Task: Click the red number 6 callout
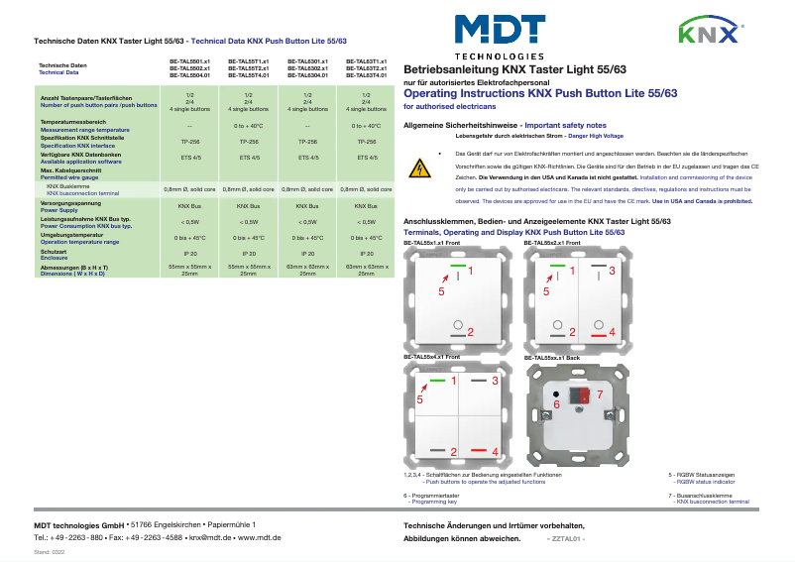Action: pyautogui.click(x=556, y=404)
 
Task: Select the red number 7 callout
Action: pyautogui.click(x=598, y=394)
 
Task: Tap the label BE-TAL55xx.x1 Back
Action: pyautogui.click(x=550, y=356)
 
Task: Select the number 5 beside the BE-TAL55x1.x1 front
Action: pyautogui.click(x=440, y=290)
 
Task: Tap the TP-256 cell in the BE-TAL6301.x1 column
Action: pyautogui.click(x=307, y=142)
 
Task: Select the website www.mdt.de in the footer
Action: pyautogui.click(x=261, y=536)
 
